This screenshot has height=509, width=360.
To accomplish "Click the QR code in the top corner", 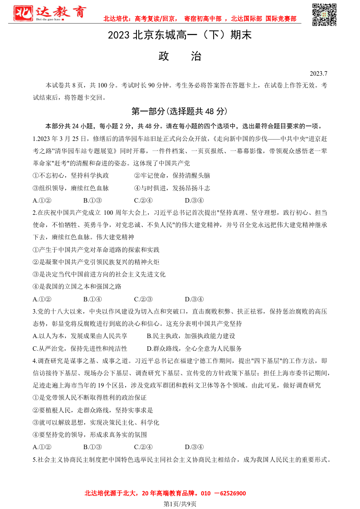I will (x=325, y=15).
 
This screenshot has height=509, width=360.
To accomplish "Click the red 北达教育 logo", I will (x=49, y=14).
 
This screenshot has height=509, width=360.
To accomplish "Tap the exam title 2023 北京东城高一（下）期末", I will (x=180, y=35).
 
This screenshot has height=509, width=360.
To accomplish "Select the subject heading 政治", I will (x=180, y=56).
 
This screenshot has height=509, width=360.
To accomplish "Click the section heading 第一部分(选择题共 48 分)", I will (x=180, y=111).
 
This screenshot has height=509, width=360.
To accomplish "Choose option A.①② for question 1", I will (x=42, y=200).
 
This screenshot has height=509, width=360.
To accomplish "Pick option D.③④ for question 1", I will (x=194, y=200).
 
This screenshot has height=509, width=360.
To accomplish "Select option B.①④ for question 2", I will (x=92, y=299).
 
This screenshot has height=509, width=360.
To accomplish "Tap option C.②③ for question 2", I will (x=143, y=299).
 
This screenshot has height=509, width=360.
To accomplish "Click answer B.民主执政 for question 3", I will (x=191, y=336).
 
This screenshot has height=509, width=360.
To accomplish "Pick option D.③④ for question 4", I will (x=194, y=447).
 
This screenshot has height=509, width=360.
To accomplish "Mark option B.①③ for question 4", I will (x=92, y=447).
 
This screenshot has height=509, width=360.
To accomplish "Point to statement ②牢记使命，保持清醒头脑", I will (x=172, y=175).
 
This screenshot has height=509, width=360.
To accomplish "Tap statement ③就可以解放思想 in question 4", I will (x=96, y=422).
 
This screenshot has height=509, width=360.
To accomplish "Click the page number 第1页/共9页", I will (x=180, y=504).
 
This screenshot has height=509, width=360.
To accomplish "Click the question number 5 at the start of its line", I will (x=35, y=460).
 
